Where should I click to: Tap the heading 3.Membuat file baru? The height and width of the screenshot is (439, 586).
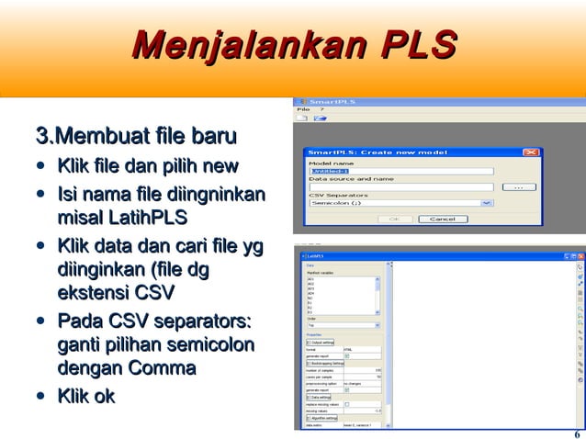pyautogui.click(x=135, y=139)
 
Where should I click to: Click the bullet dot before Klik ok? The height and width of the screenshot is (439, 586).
pyautogui.click(x=40, y=397)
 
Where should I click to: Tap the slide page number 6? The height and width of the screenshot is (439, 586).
pyautogui.click(x=576, y=433)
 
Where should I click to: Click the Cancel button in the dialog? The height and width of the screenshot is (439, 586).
pyautogui.click(x=443, y=219)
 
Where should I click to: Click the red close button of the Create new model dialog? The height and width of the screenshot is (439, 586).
pyautogui.click(x=530, y=152)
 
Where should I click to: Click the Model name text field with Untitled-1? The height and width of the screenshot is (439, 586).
pyautogui.click(x=400, y=171)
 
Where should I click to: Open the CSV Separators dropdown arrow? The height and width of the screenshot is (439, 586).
pyautogui.click(x=487, y=203)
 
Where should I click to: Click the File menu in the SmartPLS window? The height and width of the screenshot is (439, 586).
pyautogui.click(x=303, y=109)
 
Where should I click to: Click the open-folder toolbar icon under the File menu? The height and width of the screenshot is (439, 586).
pyautogui.click(x=320, y=118)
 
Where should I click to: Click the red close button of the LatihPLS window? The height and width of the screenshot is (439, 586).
pyautogui.click(x=580, y=255)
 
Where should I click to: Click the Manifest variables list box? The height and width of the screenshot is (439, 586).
pyautogui.click(x=340, y=295)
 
